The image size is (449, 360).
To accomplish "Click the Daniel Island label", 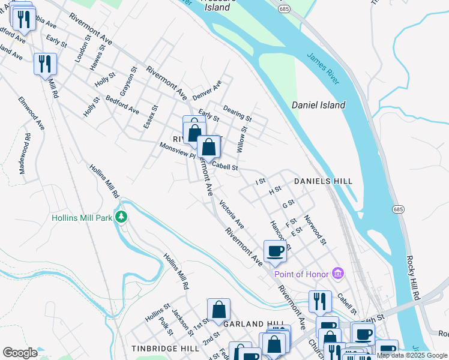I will click(x=318, y=105).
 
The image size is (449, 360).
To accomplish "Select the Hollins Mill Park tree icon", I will click(x=122, y=217).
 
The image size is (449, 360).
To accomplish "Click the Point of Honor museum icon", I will click(x=338, y=274).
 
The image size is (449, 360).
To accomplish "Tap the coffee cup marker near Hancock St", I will click(x=275, y=251).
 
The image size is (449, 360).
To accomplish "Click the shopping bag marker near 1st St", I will click(x=219, y=310).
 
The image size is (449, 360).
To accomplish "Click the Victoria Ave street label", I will click(x=232, y=214).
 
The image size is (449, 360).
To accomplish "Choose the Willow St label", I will click(x=243, y=138).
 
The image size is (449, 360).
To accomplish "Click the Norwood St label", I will click(x=315, y=230).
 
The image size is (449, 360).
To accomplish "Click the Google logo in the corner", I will click(x=20, y=353).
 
